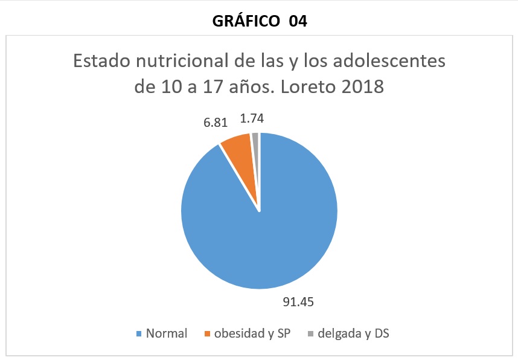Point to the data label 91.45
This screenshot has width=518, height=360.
pyautogui.click(x=298, y=301)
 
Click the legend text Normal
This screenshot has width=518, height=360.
pyautogui.click(x=166, y=333)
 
